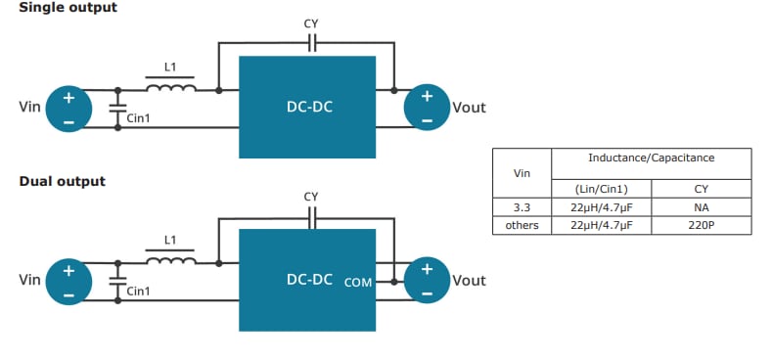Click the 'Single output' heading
(68, 8)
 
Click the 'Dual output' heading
(62, 181)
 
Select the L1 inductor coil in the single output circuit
(170, 89)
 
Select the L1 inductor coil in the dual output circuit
(170, 260)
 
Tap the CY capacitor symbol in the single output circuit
(312, 43)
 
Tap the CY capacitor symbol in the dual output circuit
(312, 218)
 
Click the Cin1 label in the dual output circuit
(139, 291)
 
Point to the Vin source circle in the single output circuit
(68, 109)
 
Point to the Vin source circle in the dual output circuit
(68, 281)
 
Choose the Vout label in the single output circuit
(469, 108)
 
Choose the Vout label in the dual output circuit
(469, 281)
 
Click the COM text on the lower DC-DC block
(359, 282)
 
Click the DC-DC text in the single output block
(308, 107)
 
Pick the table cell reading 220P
(700, 225)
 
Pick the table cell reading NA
(700, 207)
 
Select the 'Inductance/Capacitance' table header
(651, 157)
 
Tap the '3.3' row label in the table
(522, 207)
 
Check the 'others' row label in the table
(522, 225)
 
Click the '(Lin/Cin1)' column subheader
(601, 189)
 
